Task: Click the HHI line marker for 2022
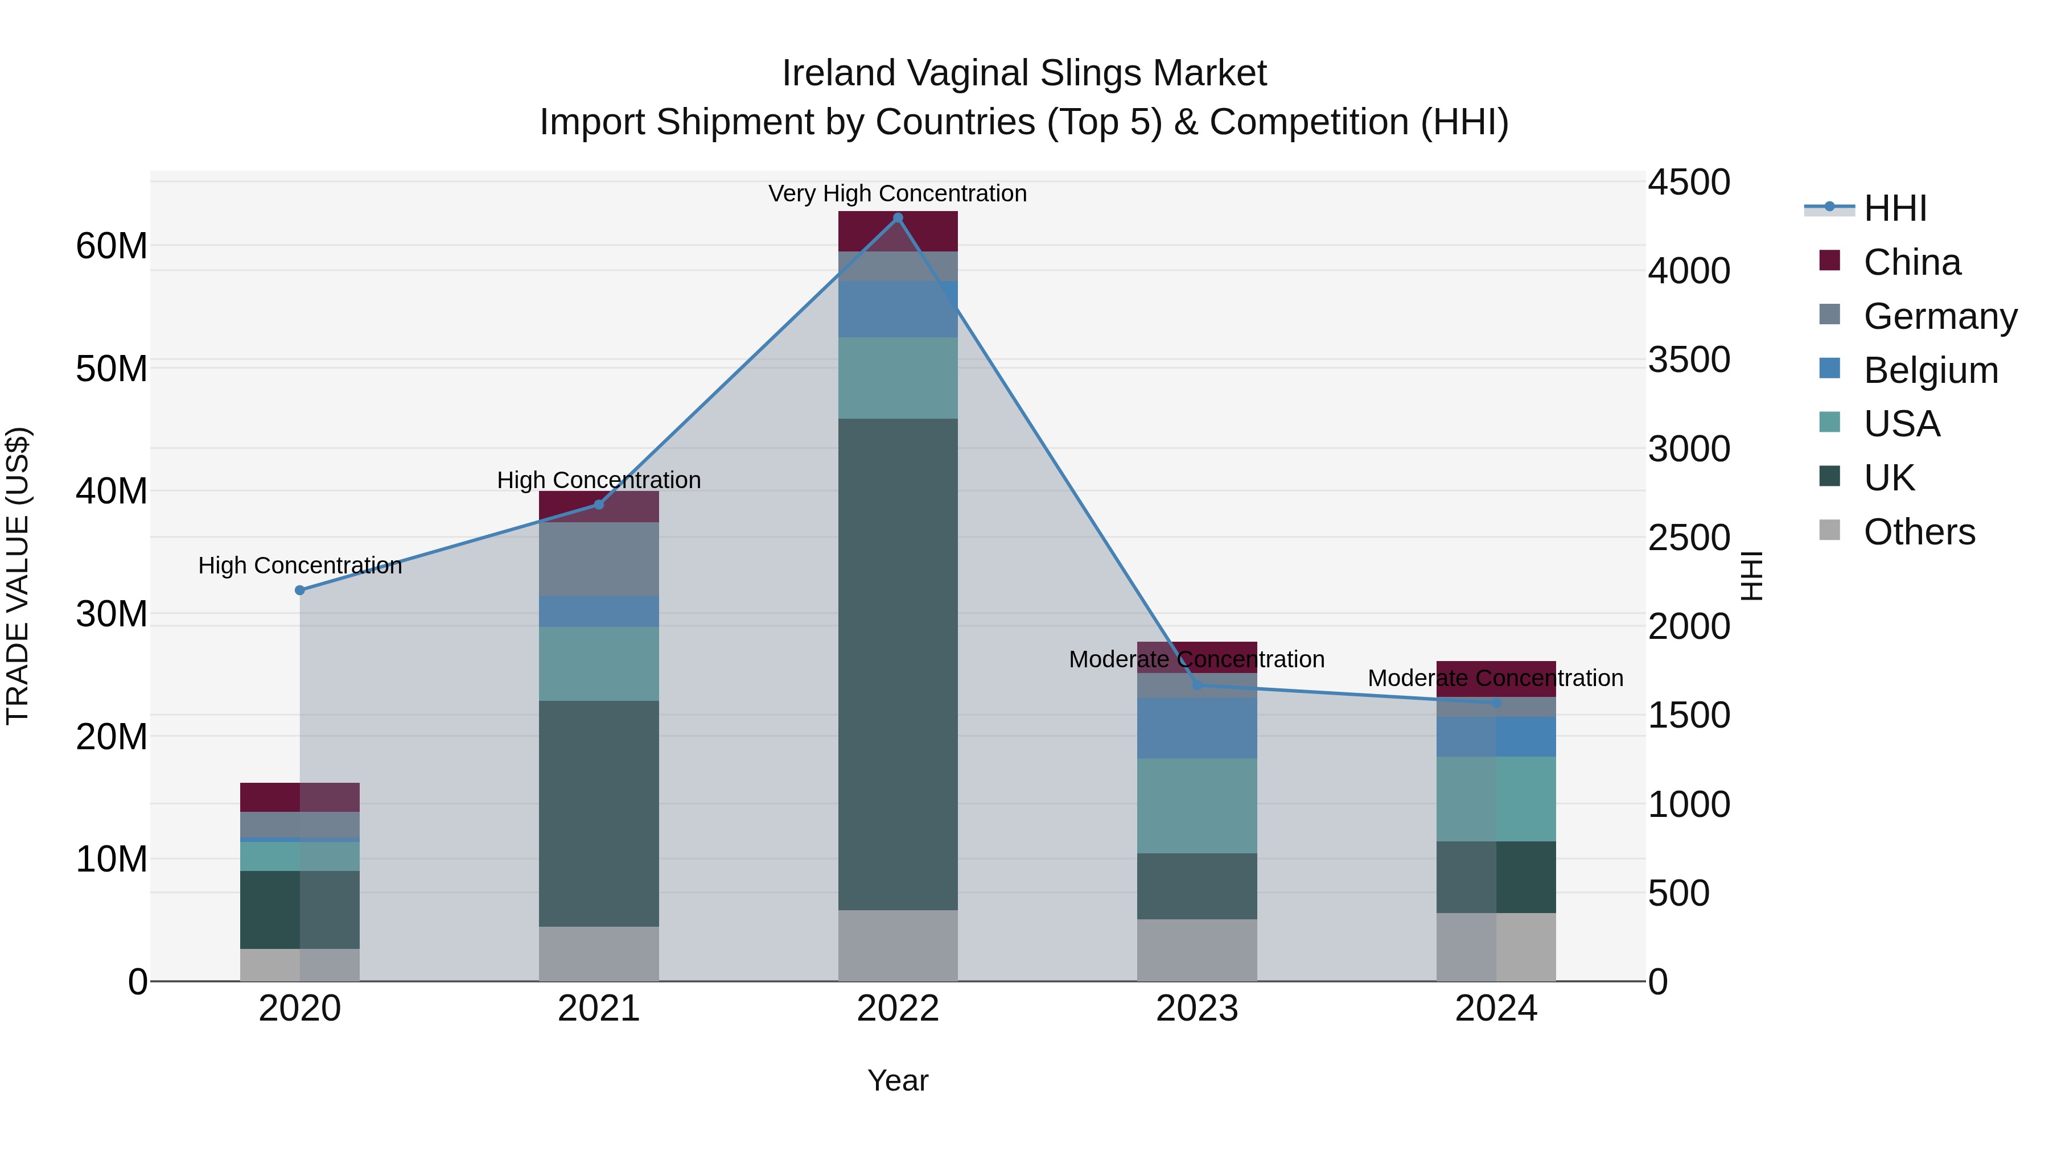pos(898,218)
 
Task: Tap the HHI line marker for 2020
pos(300,590)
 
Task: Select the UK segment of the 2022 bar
pos(898,664)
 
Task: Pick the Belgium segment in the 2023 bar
pos(1197,728)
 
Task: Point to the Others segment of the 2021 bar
pos(599,953)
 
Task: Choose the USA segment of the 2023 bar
pos(1197,806)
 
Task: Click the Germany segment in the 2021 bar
pos(599,559)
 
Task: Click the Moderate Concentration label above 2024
pos(1495,678)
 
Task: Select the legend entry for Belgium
pos(1931,370)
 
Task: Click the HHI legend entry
pos(1895,208)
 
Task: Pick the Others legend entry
pos(1919,532)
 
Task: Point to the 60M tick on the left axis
pos(112,246)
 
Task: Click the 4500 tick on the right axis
pos(1689,182)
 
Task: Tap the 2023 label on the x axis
pos(1197,1009)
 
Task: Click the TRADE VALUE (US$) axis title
pos(18,576)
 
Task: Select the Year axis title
pos(898,1080)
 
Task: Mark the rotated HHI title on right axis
pos(1751,576)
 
